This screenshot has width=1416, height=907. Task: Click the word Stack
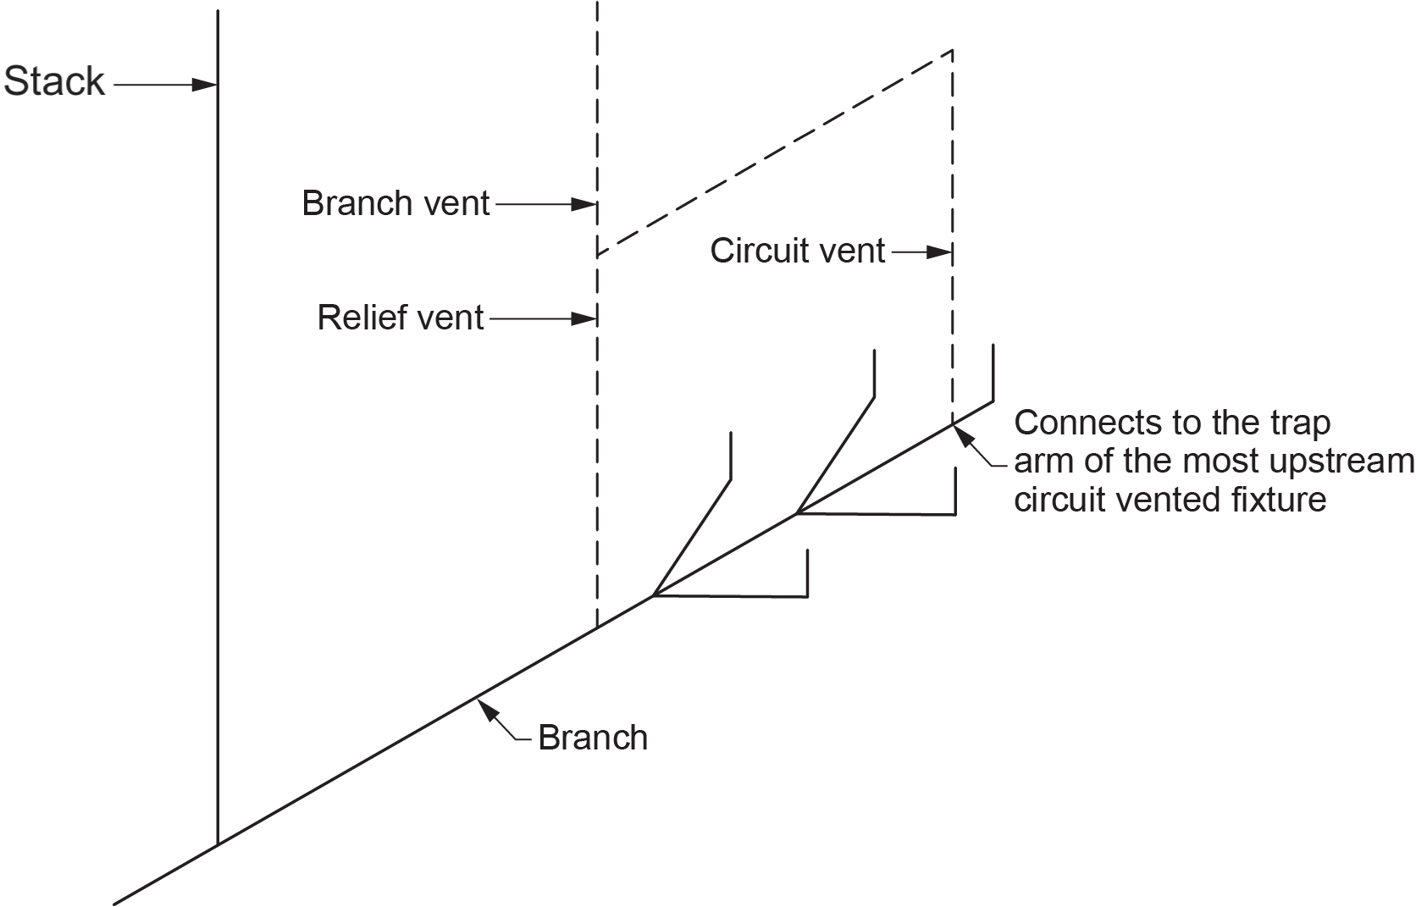coord(54,82)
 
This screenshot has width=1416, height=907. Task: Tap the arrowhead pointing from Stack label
coord(206,85)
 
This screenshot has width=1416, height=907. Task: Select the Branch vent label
coord(395,204)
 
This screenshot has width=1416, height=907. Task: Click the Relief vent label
coord(401,318)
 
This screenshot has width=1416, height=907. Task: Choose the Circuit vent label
coord(797,252)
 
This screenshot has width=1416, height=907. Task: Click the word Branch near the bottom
coord(593,738)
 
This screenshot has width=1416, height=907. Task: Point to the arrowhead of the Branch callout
coord(484,705)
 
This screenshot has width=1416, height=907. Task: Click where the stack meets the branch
coord(218,843)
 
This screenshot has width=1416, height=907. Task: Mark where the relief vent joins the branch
coord(597,628)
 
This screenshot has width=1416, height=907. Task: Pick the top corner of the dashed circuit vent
coord(953,51)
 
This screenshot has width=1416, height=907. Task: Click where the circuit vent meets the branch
coord(953,423)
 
